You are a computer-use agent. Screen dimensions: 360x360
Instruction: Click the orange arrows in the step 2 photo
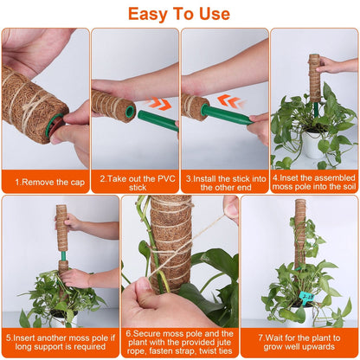pyautogui.click(x=159, y=104)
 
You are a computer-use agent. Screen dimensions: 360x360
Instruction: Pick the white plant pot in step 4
pyautogui.click(x=313, y=145)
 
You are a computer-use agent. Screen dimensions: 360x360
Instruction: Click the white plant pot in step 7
pyautogui.click(x=299, y=313)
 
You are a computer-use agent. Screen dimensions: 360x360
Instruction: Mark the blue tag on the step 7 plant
pyautogui.click(x=306, y=298)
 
